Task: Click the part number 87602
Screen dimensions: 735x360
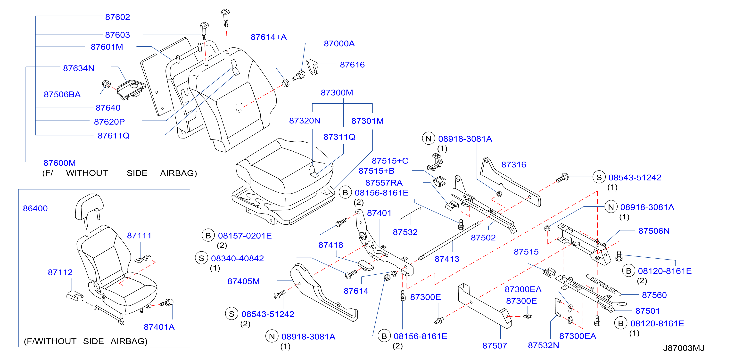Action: click(x=117, y=17)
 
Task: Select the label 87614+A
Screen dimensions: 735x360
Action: click(x=268, y=37)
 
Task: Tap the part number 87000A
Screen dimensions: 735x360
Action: click(x=339, y=44)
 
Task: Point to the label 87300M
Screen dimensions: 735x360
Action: click(x=337, y=93)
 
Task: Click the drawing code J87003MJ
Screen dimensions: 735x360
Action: click(x=684, y=348)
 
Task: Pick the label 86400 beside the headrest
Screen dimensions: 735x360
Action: click(x=35, y=209)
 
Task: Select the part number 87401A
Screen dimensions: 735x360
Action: click(x=159, y=327)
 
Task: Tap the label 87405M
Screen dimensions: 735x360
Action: click(x=243, y=281)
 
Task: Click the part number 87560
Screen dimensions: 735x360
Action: click(x=654, y=295)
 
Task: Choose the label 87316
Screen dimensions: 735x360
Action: click(x=514, y=165)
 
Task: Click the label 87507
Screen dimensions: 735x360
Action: click(x=495, y=346)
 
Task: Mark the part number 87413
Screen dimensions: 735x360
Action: click(x=447, y=259)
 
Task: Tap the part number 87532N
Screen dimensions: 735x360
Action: click(x=543, y=345)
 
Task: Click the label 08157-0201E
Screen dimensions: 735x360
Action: click(x=245, y=236)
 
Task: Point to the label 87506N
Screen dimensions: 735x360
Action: click(x=654, y=231)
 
